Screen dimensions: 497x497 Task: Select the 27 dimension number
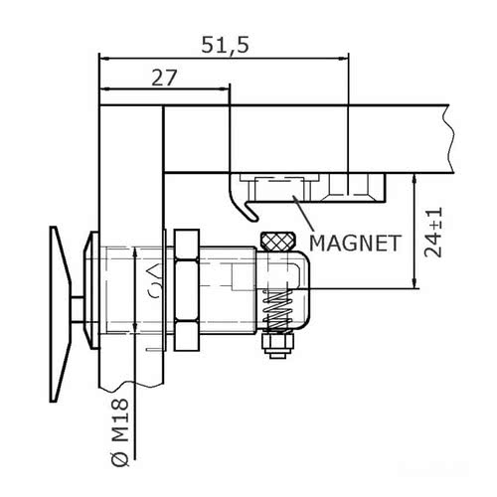(x=165, y=77)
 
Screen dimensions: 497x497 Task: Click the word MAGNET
(x=354, y=242)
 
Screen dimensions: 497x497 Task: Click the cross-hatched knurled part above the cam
(x=277, y=242)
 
